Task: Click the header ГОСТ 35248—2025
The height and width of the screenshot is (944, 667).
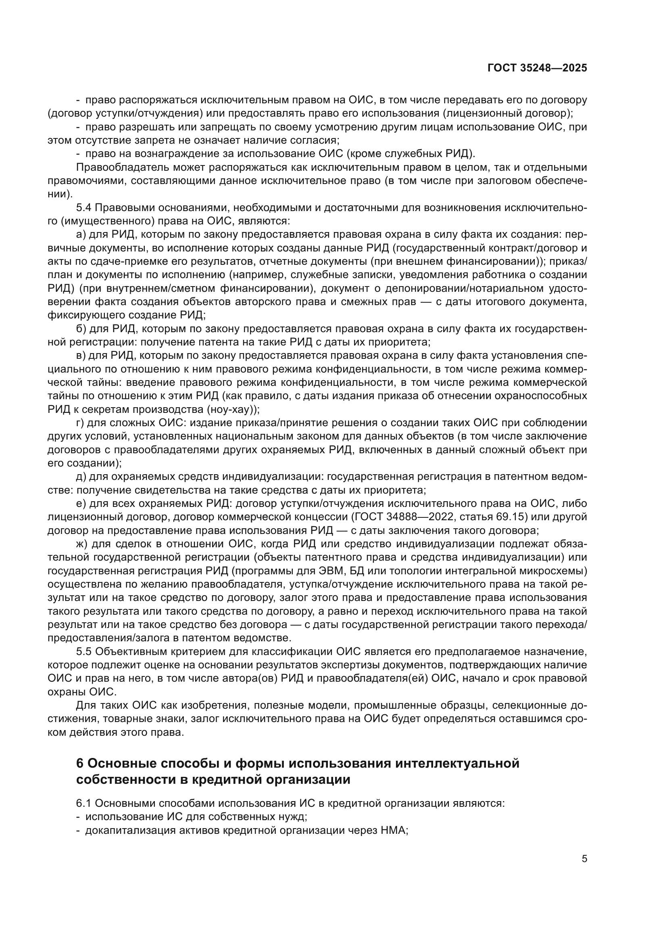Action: pyautogui.click(x=537, y=68)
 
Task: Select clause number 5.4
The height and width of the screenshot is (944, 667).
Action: pyautogui.click(x=84, y=207)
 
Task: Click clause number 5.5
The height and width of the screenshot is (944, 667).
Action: pyautogui.click(x=84, y=652)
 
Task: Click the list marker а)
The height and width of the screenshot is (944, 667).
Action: pyautogui.click(x=81, y=235)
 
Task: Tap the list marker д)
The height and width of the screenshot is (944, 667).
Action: pyautogui.click(x=81, y=477)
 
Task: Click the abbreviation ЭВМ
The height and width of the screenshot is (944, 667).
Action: pyautogui.click(x=328, y=571)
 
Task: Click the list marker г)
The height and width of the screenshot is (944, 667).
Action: pyautogui.click(x=80, y=423)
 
